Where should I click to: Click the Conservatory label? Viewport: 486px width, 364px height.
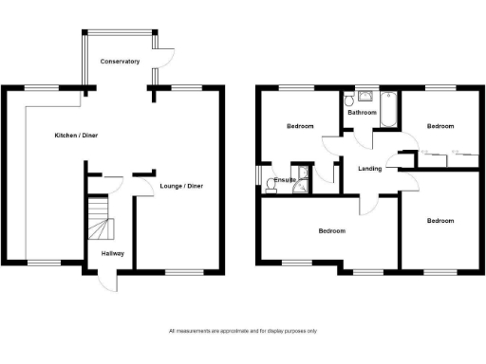click(x=121, y=62)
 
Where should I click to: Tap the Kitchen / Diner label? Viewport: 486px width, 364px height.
click(x=76, y=136)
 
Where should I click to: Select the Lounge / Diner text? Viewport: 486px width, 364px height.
click(x=180, y=186)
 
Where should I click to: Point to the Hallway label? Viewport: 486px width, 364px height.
click(x=112, y=253)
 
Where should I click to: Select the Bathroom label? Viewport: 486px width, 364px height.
click(x=362, y=113)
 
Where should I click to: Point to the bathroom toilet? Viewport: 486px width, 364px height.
click(x=349, y=99)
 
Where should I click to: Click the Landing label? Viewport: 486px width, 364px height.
click(x=370, y=169)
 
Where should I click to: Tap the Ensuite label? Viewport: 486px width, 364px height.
click(x=284, y=179)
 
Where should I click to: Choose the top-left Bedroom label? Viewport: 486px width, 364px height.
click(x=301, y=126)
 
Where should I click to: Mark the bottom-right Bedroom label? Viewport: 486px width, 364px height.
click(x=439, y=221)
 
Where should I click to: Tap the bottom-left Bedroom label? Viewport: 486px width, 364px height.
click(x=331, y=231)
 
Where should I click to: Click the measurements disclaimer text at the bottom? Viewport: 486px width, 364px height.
click(x=243, y=331)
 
